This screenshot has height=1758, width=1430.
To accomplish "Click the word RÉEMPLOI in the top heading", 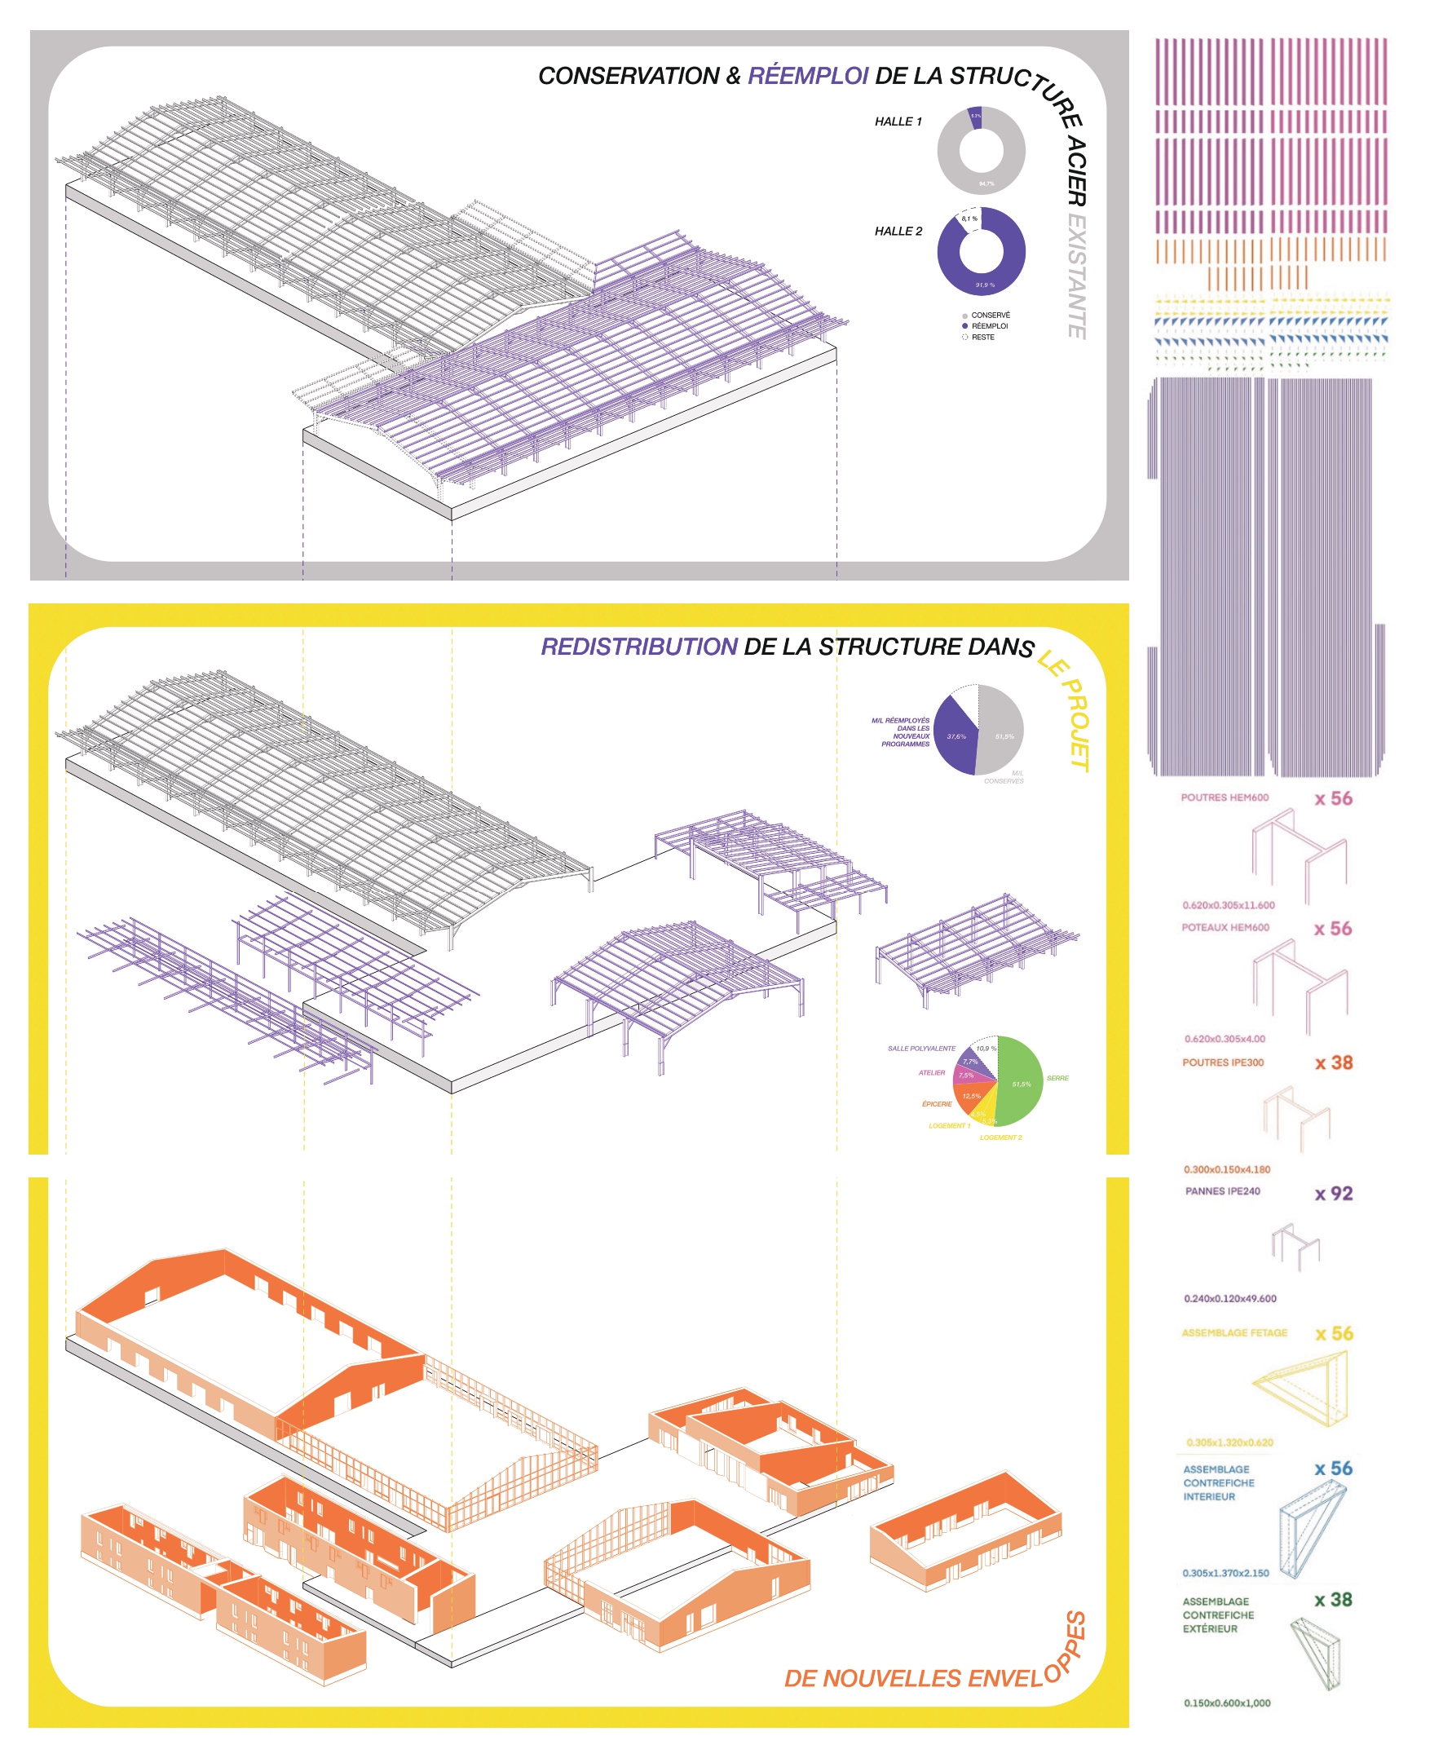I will (807, 76).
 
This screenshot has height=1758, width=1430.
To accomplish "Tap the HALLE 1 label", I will (898, 122).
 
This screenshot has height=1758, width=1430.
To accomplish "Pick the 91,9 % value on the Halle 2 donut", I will (985, 285).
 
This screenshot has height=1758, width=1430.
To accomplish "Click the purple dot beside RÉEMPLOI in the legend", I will (964, 326).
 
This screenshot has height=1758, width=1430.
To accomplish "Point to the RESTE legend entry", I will (982, 337).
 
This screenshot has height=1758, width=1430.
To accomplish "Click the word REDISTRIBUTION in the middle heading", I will (638, 647).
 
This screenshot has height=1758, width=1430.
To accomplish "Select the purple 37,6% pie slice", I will (956, 735).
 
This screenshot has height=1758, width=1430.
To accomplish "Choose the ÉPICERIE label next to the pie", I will (937, 1104).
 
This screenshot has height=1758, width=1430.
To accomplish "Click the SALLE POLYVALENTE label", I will (921, 1049).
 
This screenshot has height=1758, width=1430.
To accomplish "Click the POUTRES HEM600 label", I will (1224, 797).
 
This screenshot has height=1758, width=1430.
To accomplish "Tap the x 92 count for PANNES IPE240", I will (1334, 1194).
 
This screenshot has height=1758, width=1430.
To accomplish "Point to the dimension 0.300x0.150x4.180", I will (1226, 1169).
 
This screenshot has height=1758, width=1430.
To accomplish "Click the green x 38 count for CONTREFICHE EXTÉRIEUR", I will (1334, 1599).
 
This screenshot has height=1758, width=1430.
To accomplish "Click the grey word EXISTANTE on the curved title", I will (1076, 276).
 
